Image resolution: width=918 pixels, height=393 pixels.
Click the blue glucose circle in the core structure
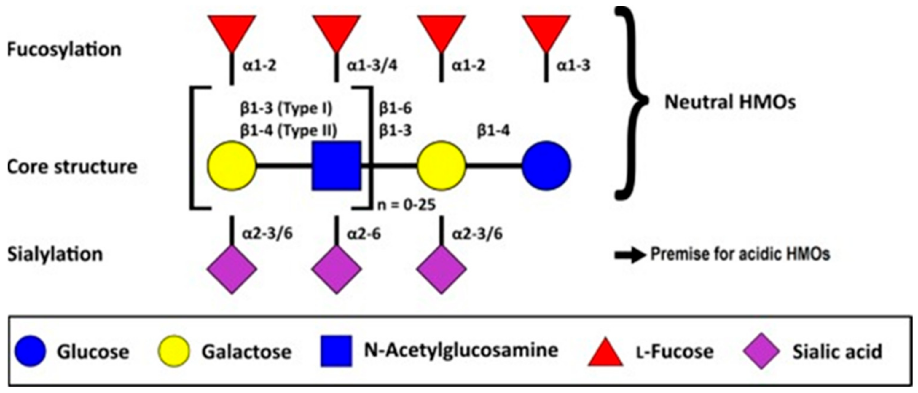[x=546, y=166]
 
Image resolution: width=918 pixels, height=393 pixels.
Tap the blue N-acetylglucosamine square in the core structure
[x=337, y=166]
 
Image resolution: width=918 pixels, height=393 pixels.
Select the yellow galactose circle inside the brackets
[x=232, y=166]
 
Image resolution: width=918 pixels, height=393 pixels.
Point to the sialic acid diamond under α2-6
[x=337, y=269]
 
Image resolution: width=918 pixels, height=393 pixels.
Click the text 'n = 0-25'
[x=406, y=205]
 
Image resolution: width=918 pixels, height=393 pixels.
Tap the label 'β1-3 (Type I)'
[x=286, y=108]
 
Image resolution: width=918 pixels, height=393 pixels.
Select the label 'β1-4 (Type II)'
[x=288, y=131]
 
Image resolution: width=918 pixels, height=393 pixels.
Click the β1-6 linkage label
[x=395, y=108]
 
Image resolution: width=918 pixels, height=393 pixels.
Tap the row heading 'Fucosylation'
[x=64, y=49]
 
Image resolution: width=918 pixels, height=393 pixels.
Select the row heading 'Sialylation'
[x=55, y=254]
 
